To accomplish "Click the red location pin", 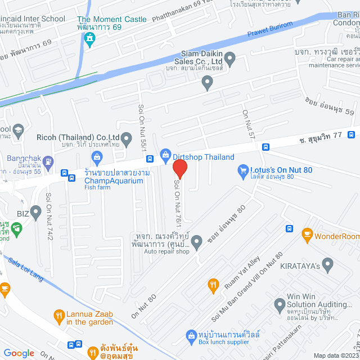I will coord(179,169).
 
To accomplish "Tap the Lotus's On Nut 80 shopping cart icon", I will coord(243,169).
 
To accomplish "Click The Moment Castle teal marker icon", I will coord(89,38).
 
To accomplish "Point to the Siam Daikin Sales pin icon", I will coord(207,83).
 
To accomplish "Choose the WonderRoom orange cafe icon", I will coord(307,233).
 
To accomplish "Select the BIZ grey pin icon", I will coord(36,213).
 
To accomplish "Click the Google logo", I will coord(19,353).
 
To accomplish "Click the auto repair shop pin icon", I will coord(196,242).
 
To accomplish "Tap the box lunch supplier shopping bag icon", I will coord(191,336).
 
